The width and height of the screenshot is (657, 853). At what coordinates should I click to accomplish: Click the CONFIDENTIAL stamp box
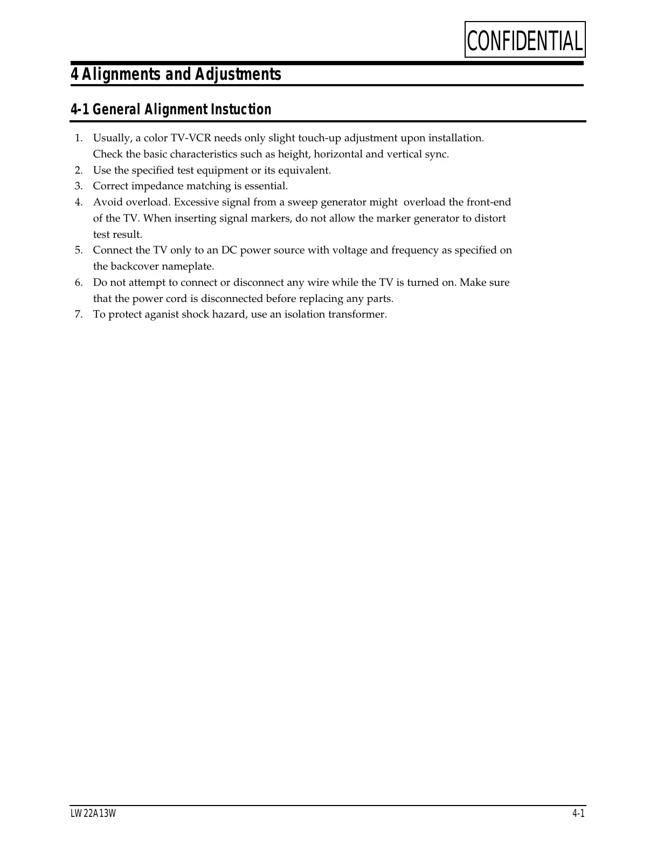(525, 39)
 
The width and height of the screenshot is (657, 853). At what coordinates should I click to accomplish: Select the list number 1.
(78, 138)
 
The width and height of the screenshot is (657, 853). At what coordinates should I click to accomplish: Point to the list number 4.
(79, 202)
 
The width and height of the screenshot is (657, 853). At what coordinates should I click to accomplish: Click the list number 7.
(79, 314)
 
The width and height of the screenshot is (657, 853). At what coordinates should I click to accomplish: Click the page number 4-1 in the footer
(578, 814)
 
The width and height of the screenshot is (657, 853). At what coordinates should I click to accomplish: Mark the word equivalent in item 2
(305, 170)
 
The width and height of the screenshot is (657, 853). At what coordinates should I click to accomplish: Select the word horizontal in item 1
(338, 154)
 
